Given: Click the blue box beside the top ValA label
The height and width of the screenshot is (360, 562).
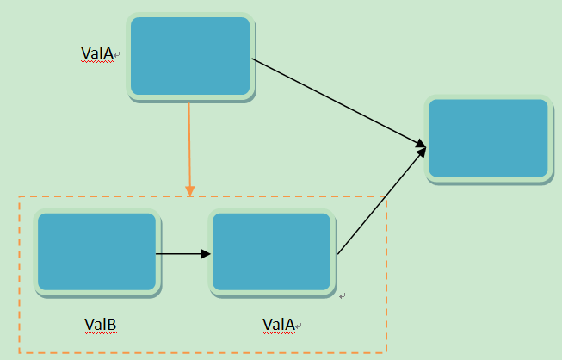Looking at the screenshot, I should click(x=190, y=56).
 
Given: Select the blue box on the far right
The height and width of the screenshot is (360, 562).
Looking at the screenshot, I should click(x=488, y=138).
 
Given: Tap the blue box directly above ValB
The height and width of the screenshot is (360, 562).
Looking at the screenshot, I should click(x=96, y=252).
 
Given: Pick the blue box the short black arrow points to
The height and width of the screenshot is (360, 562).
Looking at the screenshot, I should click(x=272, y=252).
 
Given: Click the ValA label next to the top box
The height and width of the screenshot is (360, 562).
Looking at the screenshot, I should click(x=96, y=53).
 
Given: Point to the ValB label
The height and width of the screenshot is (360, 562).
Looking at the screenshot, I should click(x=100, y=325).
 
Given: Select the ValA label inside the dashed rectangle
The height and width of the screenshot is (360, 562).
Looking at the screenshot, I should click(x=278, y=325).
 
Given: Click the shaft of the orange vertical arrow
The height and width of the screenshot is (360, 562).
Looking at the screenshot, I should click(x=189, y=142).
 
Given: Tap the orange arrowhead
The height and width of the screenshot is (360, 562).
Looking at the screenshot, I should click(x=189, y=189).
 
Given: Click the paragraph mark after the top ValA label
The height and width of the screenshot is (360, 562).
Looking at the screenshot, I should click(x=117, y=55).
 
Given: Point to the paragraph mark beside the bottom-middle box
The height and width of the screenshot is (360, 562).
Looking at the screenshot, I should click(x=342, y=296).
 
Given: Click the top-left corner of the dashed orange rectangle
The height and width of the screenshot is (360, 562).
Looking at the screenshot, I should click(x=19, y=197).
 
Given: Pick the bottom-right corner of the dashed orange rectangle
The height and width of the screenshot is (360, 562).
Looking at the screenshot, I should click(x=386, y=352).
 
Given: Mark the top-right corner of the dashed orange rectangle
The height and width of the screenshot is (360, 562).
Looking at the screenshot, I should click(x=386, y=197).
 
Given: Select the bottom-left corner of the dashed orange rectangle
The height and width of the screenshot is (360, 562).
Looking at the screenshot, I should click(x=19, y=352).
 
